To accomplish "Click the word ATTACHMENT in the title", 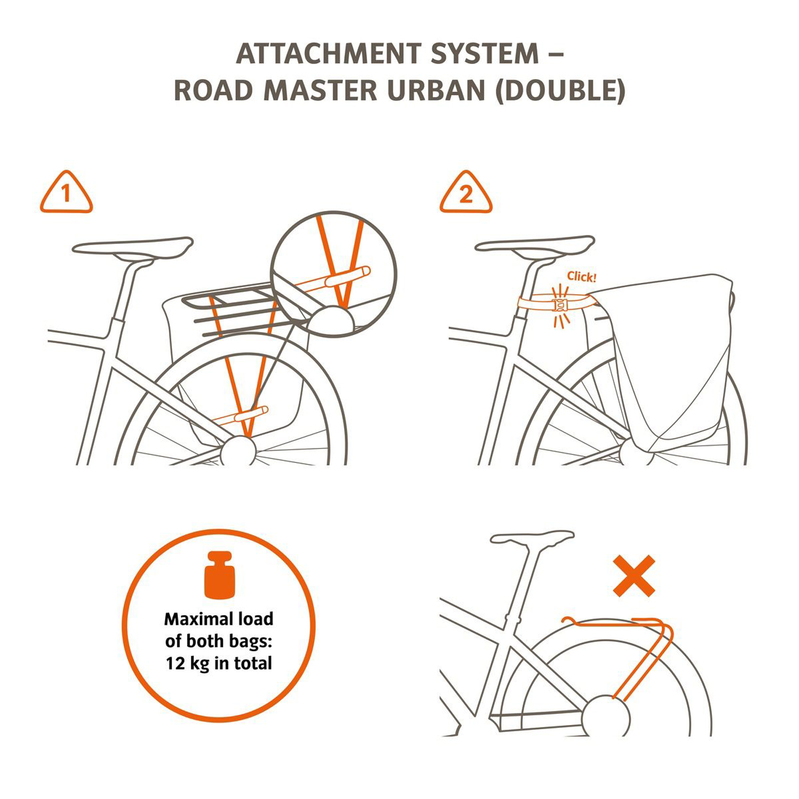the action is pos(329,54).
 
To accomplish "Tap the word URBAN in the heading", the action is pos(436,91).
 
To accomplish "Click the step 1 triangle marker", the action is pos(66,192).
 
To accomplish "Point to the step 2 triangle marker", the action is pos(466,192).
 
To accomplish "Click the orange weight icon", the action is pos(219,575).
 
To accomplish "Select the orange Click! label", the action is pos(582,276).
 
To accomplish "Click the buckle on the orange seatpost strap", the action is pos(560,305).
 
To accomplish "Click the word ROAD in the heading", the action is pos(213,91).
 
